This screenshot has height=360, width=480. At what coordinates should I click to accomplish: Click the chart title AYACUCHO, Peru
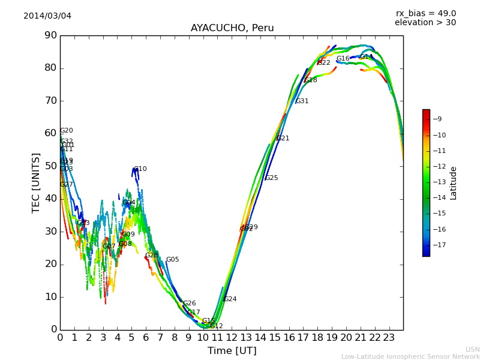[x=232, y=28]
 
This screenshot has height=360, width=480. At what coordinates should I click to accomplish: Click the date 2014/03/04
[x=47, y=16]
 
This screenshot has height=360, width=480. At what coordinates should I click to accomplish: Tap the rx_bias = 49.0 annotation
[x=425, y=14]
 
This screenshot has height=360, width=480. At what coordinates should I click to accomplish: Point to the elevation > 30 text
[x=425, y=23]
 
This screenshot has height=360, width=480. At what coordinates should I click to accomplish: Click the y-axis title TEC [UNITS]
[x=36, y=182]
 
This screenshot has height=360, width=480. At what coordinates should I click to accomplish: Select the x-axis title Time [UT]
[x=232, y=350]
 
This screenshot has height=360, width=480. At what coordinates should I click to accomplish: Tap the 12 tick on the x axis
[x=232, y=338]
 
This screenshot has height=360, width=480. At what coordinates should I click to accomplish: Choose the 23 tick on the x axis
[x=389, y=338]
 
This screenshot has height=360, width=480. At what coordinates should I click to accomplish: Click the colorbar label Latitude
[x=454, y=182]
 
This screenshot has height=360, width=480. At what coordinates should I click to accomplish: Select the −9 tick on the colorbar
[x=439, y=119]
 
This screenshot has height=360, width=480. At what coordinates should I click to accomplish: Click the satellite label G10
[x=140, y=169]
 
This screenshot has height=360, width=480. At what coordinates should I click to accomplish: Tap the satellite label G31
[x=302, y=101]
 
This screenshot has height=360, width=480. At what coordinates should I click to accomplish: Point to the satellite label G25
[x=271, y=178]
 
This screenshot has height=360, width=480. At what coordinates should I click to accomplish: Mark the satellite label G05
[x=172, y=260]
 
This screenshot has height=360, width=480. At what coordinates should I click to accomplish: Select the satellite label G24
[x=230, y=299]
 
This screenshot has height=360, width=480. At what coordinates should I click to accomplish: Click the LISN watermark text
[x=472, y=349]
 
